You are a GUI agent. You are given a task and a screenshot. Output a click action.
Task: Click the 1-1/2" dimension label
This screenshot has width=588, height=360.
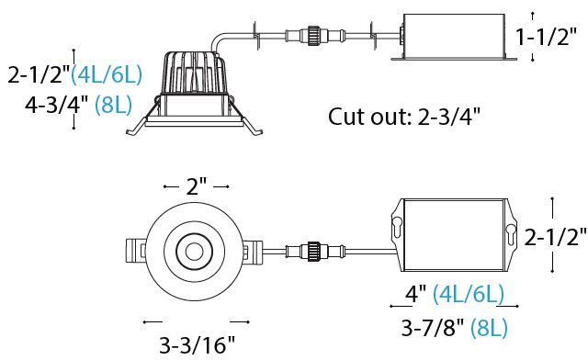tap(546, 37)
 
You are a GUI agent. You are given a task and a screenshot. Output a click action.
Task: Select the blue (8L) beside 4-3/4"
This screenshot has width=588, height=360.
tap(113, 105)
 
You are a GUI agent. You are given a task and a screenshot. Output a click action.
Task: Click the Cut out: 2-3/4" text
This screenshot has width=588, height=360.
tap(404, 117)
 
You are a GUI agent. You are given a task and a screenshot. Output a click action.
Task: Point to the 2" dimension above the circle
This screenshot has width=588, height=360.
tap(197, 186)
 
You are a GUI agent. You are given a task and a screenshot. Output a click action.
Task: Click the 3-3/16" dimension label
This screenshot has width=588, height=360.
tap(198, 344)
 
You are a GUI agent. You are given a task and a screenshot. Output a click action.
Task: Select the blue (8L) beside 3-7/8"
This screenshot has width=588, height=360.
tap(489, 328)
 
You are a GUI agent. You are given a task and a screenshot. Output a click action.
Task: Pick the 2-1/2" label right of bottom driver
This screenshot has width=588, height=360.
tap(555, 237)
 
